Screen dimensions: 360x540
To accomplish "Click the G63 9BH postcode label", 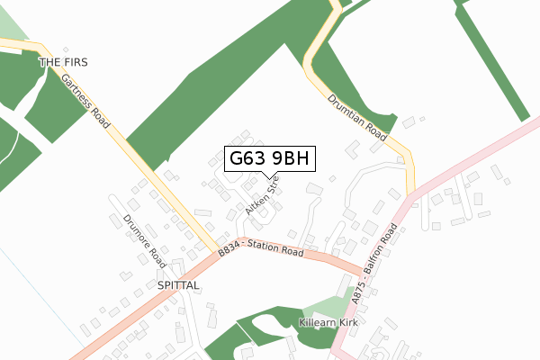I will [269, 158].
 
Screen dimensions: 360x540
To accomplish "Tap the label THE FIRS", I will [64, 62].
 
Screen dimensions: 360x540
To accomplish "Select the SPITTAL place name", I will [177, 284].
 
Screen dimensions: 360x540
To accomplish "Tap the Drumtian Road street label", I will [357, 120].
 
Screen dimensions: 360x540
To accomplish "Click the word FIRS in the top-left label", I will [75, 62].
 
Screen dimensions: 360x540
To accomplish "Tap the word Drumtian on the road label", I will [347, 112].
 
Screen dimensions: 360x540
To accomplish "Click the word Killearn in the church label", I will [316, 321].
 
